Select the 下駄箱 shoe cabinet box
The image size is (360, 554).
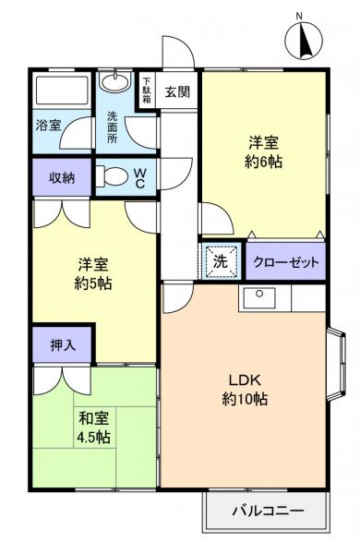tap(146, 92)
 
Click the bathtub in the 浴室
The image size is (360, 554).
tap(61, 92)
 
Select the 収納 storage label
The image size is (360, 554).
tap(62, 177)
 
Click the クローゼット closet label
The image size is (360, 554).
tap(286, 262)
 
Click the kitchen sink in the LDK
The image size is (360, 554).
tap(259, 297)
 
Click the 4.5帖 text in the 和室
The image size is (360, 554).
tap(93, 435)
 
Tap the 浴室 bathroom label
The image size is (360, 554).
tap(49, 124)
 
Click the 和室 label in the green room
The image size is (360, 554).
tap(93, 416)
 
